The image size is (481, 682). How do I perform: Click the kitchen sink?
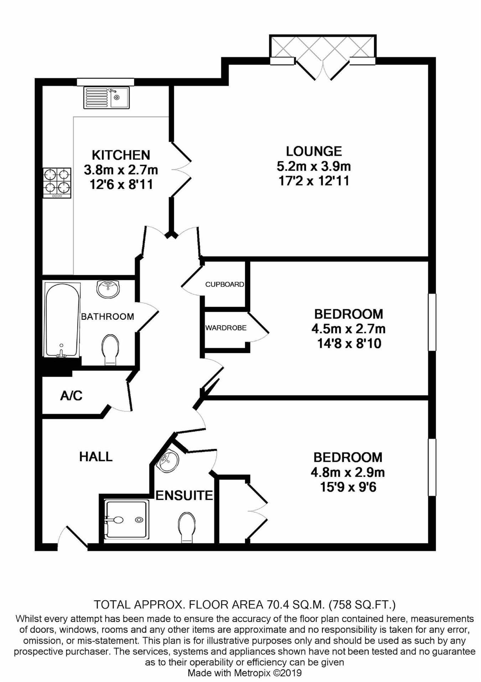coord(107,97)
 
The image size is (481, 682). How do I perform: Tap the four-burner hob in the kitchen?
coord(57,183)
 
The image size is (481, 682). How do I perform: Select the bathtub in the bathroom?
coord(62,320)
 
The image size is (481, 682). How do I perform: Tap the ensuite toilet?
coord(186,527)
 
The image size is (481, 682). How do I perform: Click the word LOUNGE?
coord(314,151)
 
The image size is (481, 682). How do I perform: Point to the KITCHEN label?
coord(121,155)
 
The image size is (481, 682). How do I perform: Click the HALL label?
coord(96,457)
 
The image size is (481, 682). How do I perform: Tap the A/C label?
coord(71,395)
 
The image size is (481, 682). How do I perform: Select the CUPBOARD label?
coord(224,285)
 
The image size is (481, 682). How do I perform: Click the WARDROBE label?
coord(226,328)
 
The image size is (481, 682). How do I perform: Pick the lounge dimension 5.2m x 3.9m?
coord(314,166)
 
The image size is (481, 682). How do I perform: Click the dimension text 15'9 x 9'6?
coord(348,487)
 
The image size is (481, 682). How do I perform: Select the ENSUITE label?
coord(184,495)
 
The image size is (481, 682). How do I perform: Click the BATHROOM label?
coord(108,317)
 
